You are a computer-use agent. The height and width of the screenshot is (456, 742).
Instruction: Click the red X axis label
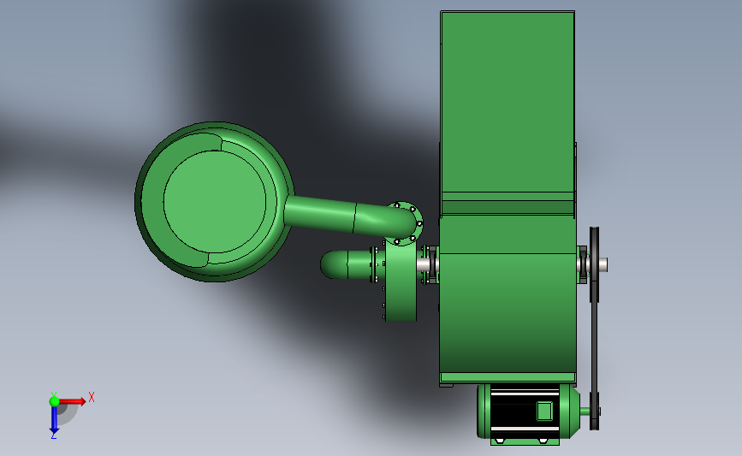[92, 397]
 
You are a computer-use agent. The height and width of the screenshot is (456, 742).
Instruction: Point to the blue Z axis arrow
[54, 419]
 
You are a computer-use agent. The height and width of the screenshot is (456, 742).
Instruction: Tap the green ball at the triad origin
[54, 401]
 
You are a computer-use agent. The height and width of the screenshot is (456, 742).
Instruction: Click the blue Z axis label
[53, 436]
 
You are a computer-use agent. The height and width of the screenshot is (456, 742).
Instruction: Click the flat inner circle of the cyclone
[214, 202]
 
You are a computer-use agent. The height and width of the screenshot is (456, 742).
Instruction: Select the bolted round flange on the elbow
[405, 223]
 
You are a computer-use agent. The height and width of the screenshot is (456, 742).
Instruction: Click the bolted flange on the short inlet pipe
[374, 264]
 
